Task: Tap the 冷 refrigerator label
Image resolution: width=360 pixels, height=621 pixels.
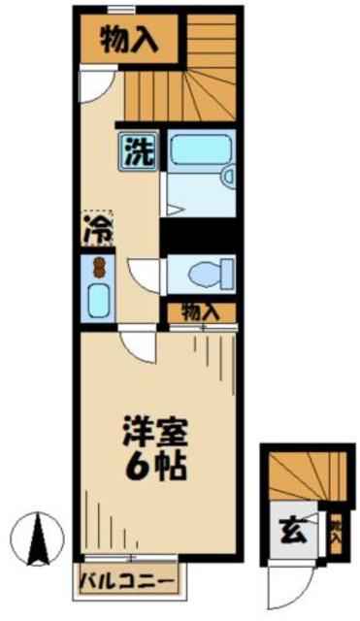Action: pos(96,230)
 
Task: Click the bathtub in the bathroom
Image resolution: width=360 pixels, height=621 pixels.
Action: pos(199,151)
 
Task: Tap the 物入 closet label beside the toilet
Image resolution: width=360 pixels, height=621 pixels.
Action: pos(199,312)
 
